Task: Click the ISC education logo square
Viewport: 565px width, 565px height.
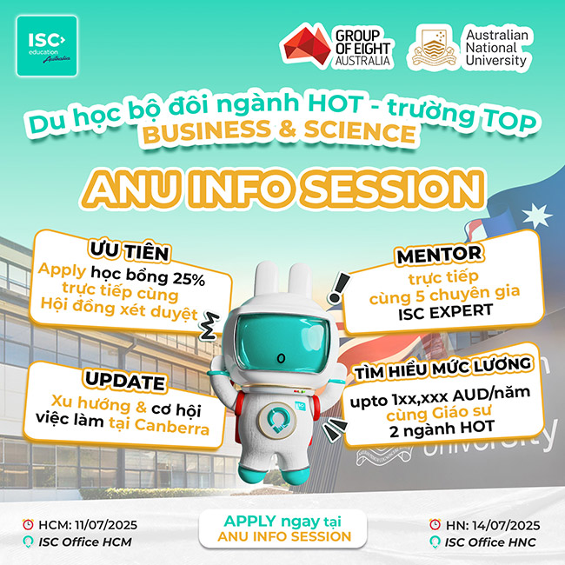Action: (47, 46)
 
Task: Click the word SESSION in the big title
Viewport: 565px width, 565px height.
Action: (394, 189)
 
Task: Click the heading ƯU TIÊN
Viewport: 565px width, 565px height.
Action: (130, 251)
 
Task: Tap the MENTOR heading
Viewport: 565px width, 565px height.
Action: (439, 255)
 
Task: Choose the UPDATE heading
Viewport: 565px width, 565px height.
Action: (124, 381)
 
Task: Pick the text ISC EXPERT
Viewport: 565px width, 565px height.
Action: (445, 312)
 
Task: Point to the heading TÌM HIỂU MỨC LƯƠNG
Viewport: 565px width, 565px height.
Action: (442, 369)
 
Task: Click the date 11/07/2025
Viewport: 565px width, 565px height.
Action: (106, 525)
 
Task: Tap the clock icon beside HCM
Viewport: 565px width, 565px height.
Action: (28, 525)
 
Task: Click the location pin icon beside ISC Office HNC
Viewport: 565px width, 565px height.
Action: (435, 542)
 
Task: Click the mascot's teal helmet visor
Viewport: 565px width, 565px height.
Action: (282, 343)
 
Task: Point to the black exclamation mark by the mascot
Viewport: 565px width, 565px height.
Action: (338, 287)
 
